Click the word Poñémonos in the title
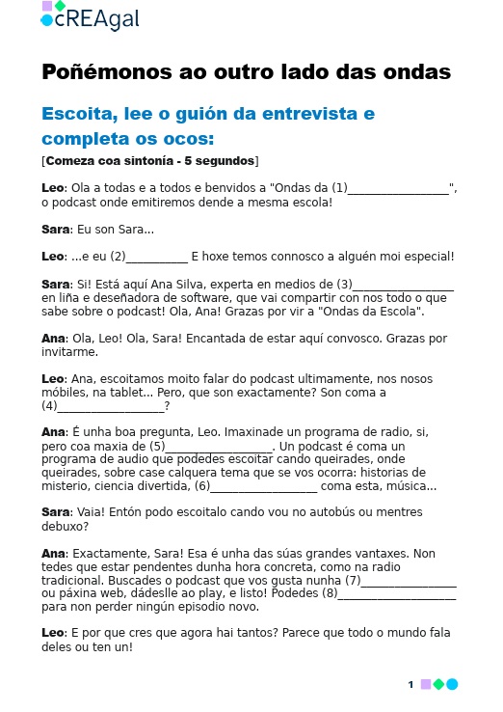coord(92,72)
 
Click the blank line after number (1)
coord(398,188)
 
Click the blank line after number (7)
coord(409,582)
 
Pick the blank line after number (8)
coord(397,595)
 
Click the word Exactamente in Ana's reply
coord(108,554)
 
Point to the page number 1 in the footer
coord(410,685)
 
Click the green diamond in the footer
coord(438,685)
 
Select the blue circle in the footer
coord(452,685)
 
